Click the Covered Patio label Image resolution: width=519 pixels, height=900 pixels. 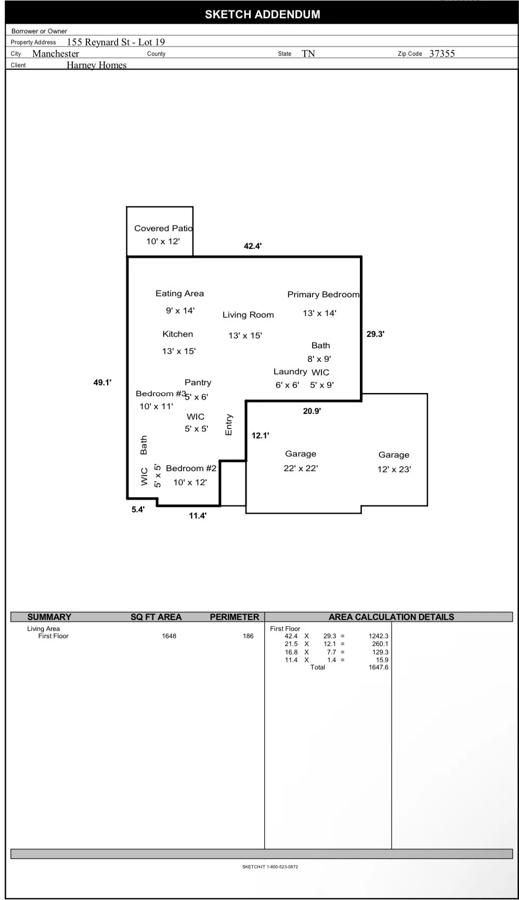(x=163, y=228)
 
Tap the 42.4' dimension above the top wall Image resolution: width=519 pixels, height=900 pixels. (x=253, y=246)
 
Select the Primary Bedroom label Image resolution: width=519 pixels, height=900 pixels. (x=323, y=294)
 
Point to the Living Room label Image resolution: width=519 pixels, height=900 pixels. (x=248, y=315)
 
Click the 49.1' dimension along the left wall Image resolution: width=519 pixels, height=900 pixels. (x=102, y=383)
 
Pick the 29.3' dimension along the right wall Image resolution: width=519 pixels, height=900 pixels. (x=375, y=334)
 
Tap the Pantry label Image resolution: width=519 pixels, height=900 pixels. (x=198, y=383)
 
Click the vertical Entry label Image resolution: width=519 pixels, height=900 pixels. (x=229, y=425)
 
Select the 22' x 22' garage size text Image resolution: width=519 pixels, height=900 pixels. (x=301, y=468)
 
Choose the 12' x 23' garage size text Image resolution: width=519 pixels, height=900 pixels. (x=394, y=469)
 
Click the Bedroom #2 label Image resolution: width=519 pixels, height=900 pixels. (x=191, y=468)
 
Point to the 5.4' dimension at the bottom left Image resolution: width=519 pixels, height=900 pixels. (x=138, y=510)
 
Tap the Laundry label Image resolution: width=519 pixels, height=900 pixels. (x=290, y=372)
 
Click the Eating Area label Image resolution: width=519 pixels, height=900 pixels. (x=179, y=294)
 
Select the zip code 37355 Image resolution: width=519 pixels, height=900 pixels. (x=442, y=54)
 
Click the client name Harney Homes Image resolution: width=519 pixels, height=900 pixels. (x=97, y=65)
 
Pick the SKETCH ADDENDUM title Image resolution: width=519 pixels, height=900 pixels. (x=263, y=15)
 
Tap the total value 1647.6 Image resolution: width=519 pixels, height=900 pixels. (x=379, y=667)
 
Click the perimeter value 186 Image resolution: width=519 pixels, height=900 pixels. (x=248, y=636)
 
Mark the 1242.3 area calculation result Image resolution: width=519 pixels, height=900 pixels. (x=379, y=636)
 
